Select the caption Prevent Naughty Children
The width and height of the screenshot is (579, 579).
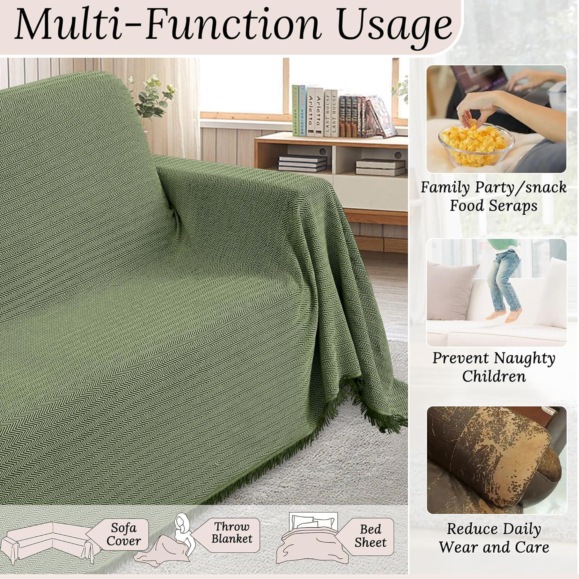[x=494, y=367]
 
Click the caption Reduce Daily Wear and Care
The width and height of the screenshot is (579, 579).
[x=494, y=538]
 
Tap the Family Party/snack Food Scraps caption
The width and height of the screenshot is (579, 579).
[x=494, y=196]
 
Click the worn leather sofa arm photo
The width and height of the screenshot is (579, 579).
[x=496, y=460]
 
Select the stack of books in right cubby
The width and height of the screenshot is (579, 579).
[x=381, y=167]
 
